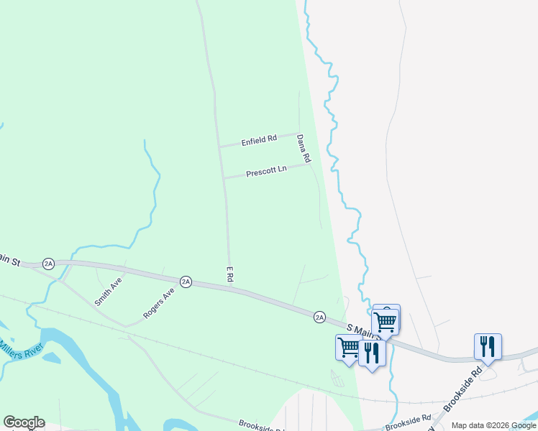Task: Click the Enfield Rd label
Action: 259,139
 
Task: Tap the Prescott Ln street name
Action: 266,172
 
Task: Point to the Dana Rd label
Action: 304,148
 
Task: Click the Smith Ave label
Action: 109,292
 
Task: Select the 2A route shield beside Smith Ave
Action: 48,264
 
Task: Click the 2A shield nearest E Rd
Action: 186,282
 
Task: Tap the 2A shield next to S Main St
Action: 319,316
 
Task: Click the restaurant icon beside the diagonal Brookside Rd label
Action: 488,346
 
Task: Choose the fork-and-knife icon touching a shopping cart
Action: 372,353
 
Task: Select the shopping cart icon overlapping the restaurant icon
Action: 349,348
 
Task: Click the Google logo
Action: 24,422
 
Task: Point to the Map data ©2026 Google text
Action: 493,425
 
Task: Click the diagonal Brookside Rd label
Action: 463,391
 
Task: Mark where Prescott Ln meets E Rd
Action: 224,177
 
